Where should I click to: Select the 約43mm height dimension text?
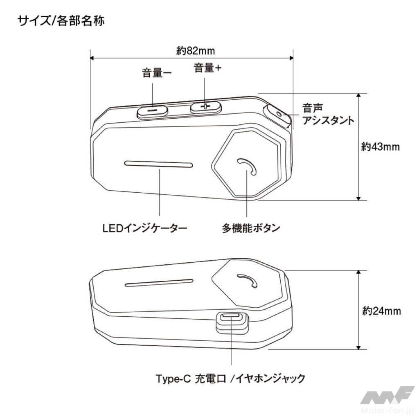[380, 147]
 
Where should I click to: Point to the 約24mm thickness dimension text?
[381, 311]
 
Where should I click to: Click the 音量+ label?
[207, 69]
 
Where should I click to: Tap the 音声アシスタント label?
[327, 115]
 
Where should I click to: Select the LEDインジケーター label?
[145, 228]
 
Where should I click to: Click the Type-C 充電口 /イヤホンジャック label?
[230, 378]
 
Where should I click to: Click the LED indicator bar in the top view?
[159, 164]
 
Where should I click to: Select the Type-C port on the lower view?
[232, 317]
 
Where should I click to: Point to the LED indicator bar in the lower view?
[159, 283]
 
